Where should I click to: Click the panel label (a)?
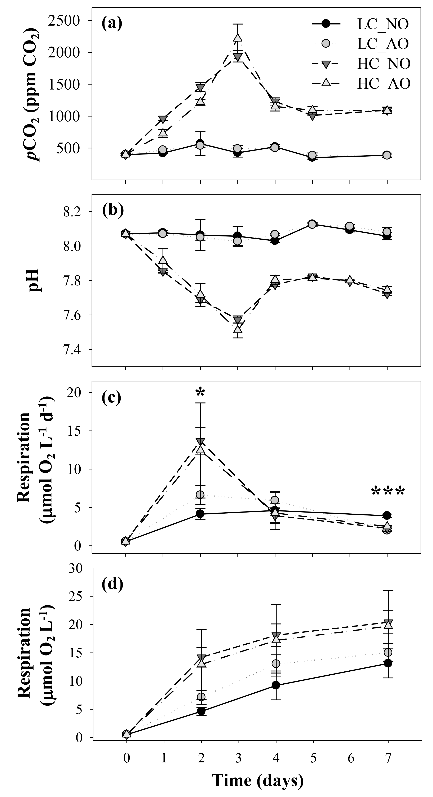pos(112,23)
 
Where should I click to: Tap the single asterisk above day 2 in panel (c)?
pos(200,392)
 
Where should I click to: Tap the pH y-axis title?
pos(35,280)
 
